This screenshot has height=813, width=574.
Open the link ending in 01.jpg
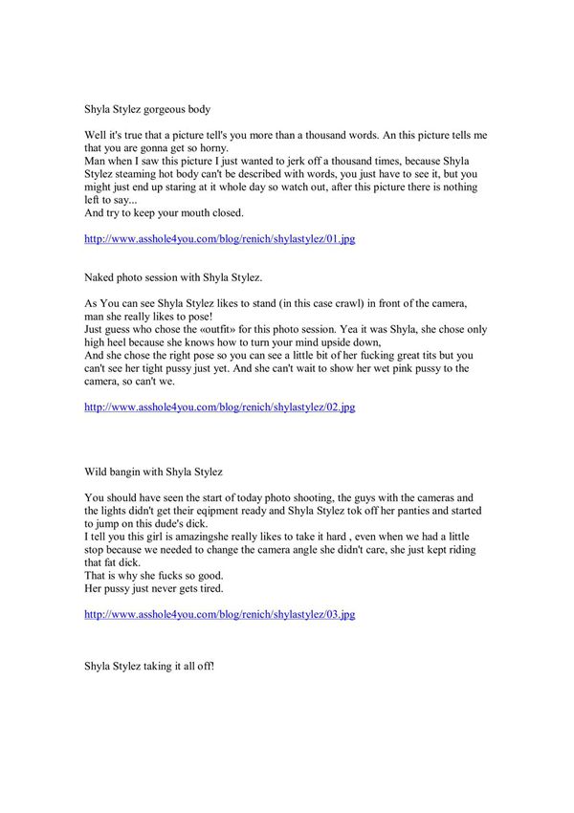220,239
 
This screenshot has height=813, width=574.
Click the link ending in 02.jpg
220,406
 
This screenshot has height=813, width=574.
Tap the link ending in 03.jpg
220,614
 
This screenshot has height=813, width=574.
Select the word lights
121,512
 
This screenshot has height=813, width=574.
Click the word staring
191,187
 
